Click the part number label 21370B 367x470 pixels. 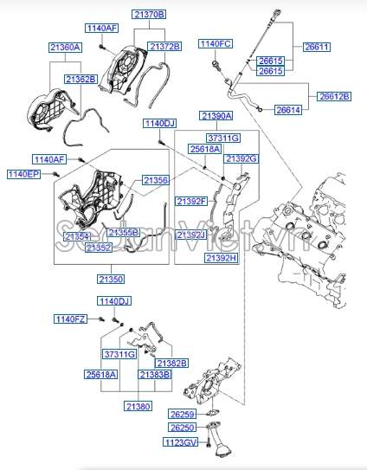(x=149, y=15)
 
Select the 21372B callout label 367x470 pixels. (x=164, y=46)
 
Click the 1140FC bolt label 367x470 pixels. (x=216, y=43)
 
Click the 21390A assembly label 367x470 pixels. (x=216, y=115)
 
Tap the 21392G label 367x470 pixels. (x=241, y=158)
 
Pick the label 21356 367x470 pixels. (x=157, y=180)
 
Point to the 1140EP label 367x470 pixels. (x=24, y=174)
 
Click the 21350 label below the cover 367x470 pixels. (x=110, y=280)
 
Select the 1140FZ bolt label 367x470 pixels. (x=71, y=319)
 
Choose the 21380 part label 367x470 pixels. (x=138, y=405)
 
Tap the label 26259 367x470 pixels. (x=183, y=414)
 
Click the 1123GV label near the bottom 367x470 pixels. (x=180, y=442)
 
